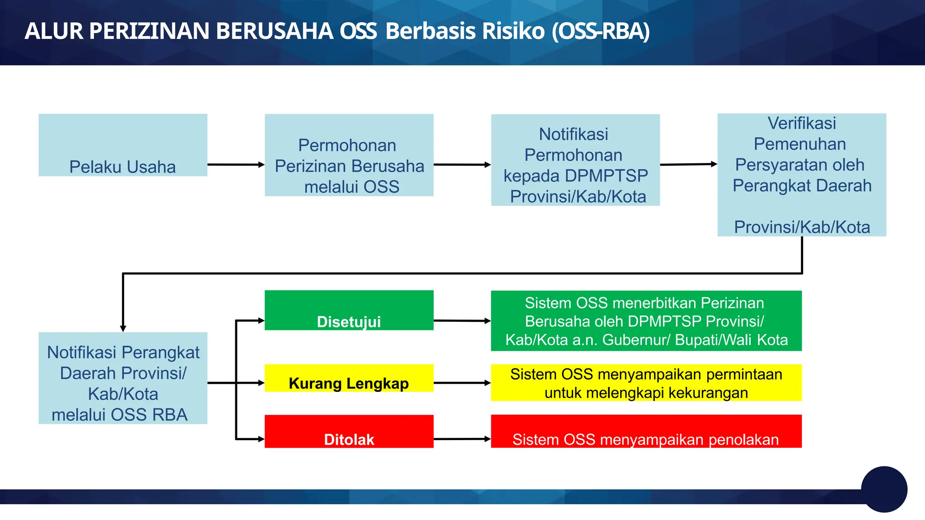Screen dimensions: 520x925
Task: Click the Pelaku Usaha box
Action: [x=123, y=145]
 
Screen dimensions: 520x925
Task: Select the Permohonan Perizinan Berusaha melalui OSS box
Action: [x=349, y=155]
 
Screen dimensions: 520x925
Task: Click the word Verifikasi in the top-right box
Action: [x=802, y=123]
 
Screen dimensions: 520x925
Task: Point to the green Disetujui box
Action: [x=349, y=311]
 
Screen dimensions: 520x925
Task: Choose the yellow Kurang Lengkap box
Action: [x=349, y=378]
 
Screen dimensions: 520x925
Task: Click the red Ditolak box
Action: [x=349, y=432]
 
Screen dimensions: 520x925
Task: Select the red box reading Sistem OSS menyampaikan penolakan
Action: [x=646, y=432]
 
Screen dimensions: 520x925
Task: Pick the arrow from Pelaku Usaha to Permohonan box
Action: [x=236, y=165]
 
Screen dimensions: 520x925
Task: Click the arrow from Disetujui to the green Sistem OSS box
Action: [x=462, y=321]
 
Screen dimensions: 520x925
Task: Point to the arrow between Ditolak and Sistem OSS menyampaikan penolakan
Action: [x=462, y=439]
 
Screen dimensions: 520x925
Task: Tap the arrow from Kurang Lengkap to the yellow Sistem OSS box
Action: [x=462, y=383]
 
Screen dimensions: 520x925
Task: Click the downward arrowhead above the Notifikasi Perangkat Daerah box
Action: [x=123, y=328]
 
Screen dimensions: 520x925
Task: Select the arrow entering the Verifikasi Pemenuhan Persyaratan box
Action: [x=689, y=164]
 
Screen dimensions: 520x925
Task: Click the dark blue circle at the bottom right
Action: [x=884, y=489]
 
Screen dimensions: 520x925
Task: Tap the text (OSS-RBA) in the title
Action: [x=600, y=31]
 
